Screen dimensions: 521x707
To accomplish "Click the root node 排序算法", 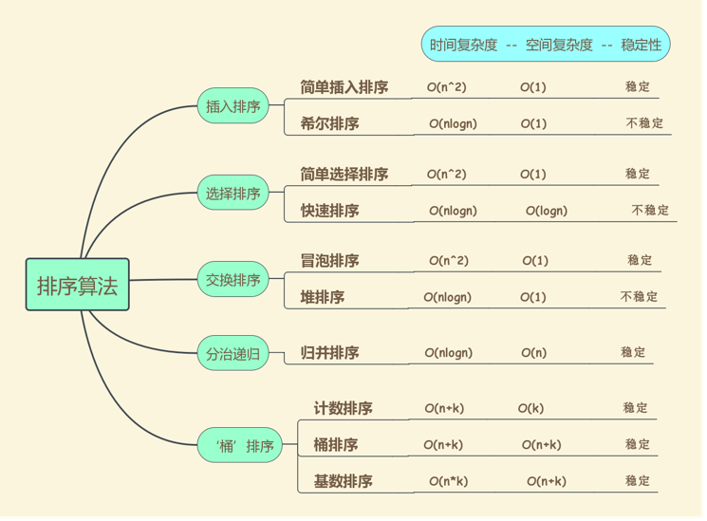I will tap(77, 285).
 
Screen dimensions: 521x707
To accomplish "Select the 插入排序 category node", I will tap(233, 106).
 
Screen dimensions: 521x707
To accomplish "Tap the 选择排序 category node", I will tap(233, 194).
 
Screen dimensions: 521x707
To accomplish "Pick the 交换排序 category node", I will tap(233, 280).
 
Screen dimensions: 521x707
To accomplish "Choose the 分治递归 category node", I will tap(233, 354).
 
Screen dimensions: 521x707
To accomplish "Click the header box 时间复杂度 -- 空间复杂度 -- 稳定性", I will tap(546, 45).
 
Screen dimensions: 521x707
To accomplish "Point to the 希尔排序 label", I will tap(329, 123).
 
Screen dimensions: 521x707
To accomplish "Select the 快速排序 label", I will tap(329, 211).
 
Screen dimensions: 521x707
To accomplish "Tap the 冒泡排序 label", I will tap(329, 261).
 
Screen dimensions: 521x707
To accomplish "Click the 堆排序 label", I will tap(323, 297).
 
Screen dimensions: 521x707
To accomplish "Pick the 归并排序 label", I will tap(329, 353).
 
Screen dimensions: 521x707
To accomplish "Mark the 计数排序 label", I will tap(343, 409).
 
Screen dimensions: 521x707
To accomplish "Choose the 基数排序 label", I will tap(343, 481).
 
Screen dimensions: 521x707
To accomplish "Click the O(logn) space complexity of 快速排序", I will tap(547, 211).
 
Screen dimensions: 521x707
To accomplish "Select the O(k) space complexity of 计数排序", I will tap(530, 409).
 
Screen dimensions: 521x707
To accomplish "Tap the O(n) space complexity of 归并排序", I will tap(533, 353).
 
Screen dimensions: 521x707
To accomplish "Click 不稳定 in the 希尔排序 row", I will tap(644, 123).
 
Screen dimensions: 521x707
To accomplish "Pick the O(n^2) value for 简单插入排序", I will tap(446, 87).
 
